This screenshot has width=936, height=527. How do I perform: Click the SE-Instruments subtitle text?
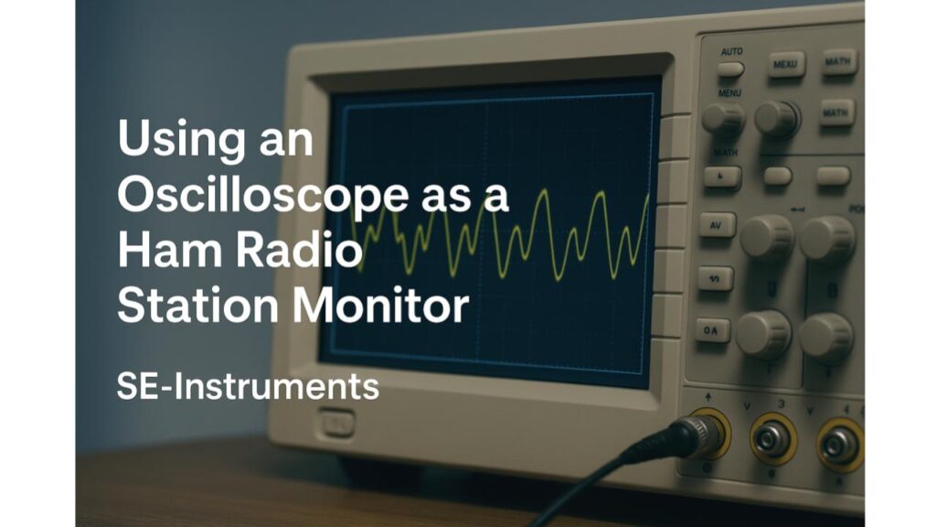tap(248, 386)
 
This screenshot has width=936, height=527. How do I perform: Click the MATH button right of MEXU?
tap(838, 61)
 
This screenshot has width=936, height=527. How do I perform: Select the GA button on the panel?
tap(713, 330)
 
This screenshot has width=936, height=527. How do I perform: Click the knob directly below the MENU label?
tap(723, 118)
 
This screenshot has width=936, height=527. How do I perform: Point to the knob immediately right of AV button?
tap(766, 236)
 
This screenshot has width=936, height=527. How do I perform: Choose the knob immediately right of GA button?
tap(763, 333)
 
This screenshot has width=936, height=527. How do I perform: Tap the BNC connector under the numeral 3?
tap(773, 439)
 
